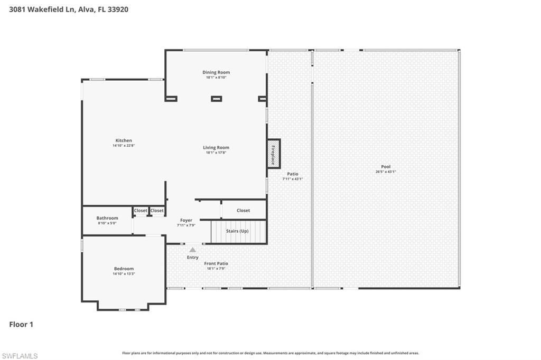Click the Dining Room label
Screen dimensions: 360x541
coord(216,72)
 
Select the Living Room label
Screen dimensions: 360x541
coord(216,147)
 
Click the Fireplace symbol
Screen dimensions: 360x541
coord(273,154)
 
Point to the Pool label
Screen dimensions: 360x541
coord(386,167)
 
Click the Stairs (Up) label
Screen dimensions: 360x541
coord(237,231)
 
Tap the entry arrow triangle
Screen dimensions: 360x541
coord(193,250)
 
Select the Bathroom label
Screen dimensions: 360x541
coord(107,218)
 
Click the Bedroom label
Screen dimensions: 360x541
coord(124,269)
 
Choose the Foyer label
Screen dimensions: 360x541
coord(186,220)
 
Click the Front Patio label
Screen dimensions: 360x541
coord(216,263)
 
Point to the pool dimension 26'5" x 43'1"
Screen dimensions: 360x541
coord(386,172)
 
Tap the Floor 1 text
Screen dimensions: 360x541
coord(21,325)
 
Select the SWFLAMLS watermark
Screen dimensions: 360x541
coord(20,356)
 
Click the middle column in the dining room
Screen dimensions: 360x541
coord(216,98)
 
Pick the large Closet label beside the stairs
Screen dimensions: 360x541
coord(243,210)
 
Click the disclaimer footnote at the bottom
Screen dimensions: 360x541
coord(270,353)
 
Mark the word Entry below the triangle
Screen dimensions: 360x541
coord(193,258)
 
